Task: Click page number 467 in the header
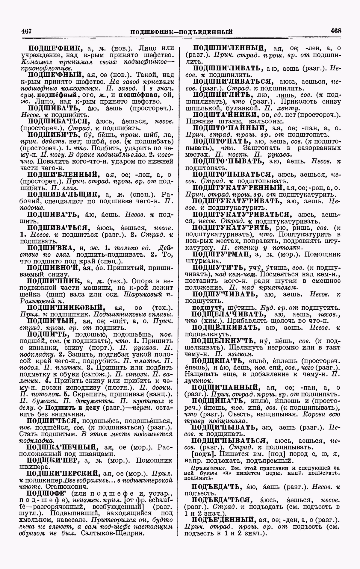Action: pos(27,31)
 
